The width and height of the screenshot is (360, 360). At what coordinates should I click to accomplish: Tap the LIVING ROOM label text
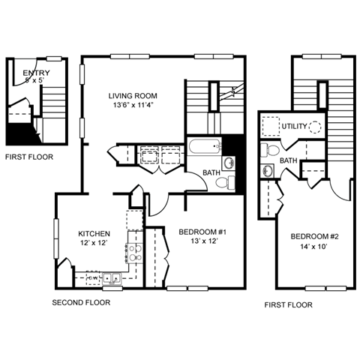click(133, 96)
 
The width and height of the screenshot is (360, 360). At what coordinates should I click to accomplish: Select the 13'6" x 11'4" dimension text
click(133, 106)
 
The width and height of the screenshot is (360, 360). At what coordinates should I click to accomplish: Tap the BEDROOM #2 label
click(315, 238)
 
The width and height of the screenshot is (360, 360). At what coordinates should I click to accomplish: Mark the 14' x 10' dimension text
click(315, 248)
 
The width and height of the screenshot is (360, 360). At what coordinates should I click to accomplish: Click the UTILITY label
click(295, 126)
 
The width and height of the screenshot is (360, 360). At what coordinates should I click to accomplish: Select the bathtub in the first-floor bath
click(204, 146)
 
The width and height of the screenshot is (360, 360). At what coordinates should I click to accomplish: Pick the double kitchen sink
click(112, 278)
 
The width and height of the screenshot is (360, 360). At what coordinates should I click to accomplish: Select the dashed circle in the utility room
click(316, 127)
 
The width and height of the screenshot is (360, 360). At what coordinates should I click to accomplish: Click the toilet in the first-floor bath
click(230, 181)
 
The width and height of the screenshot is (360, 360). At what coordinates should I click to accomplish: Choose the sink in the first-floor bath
click(229, 163)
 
